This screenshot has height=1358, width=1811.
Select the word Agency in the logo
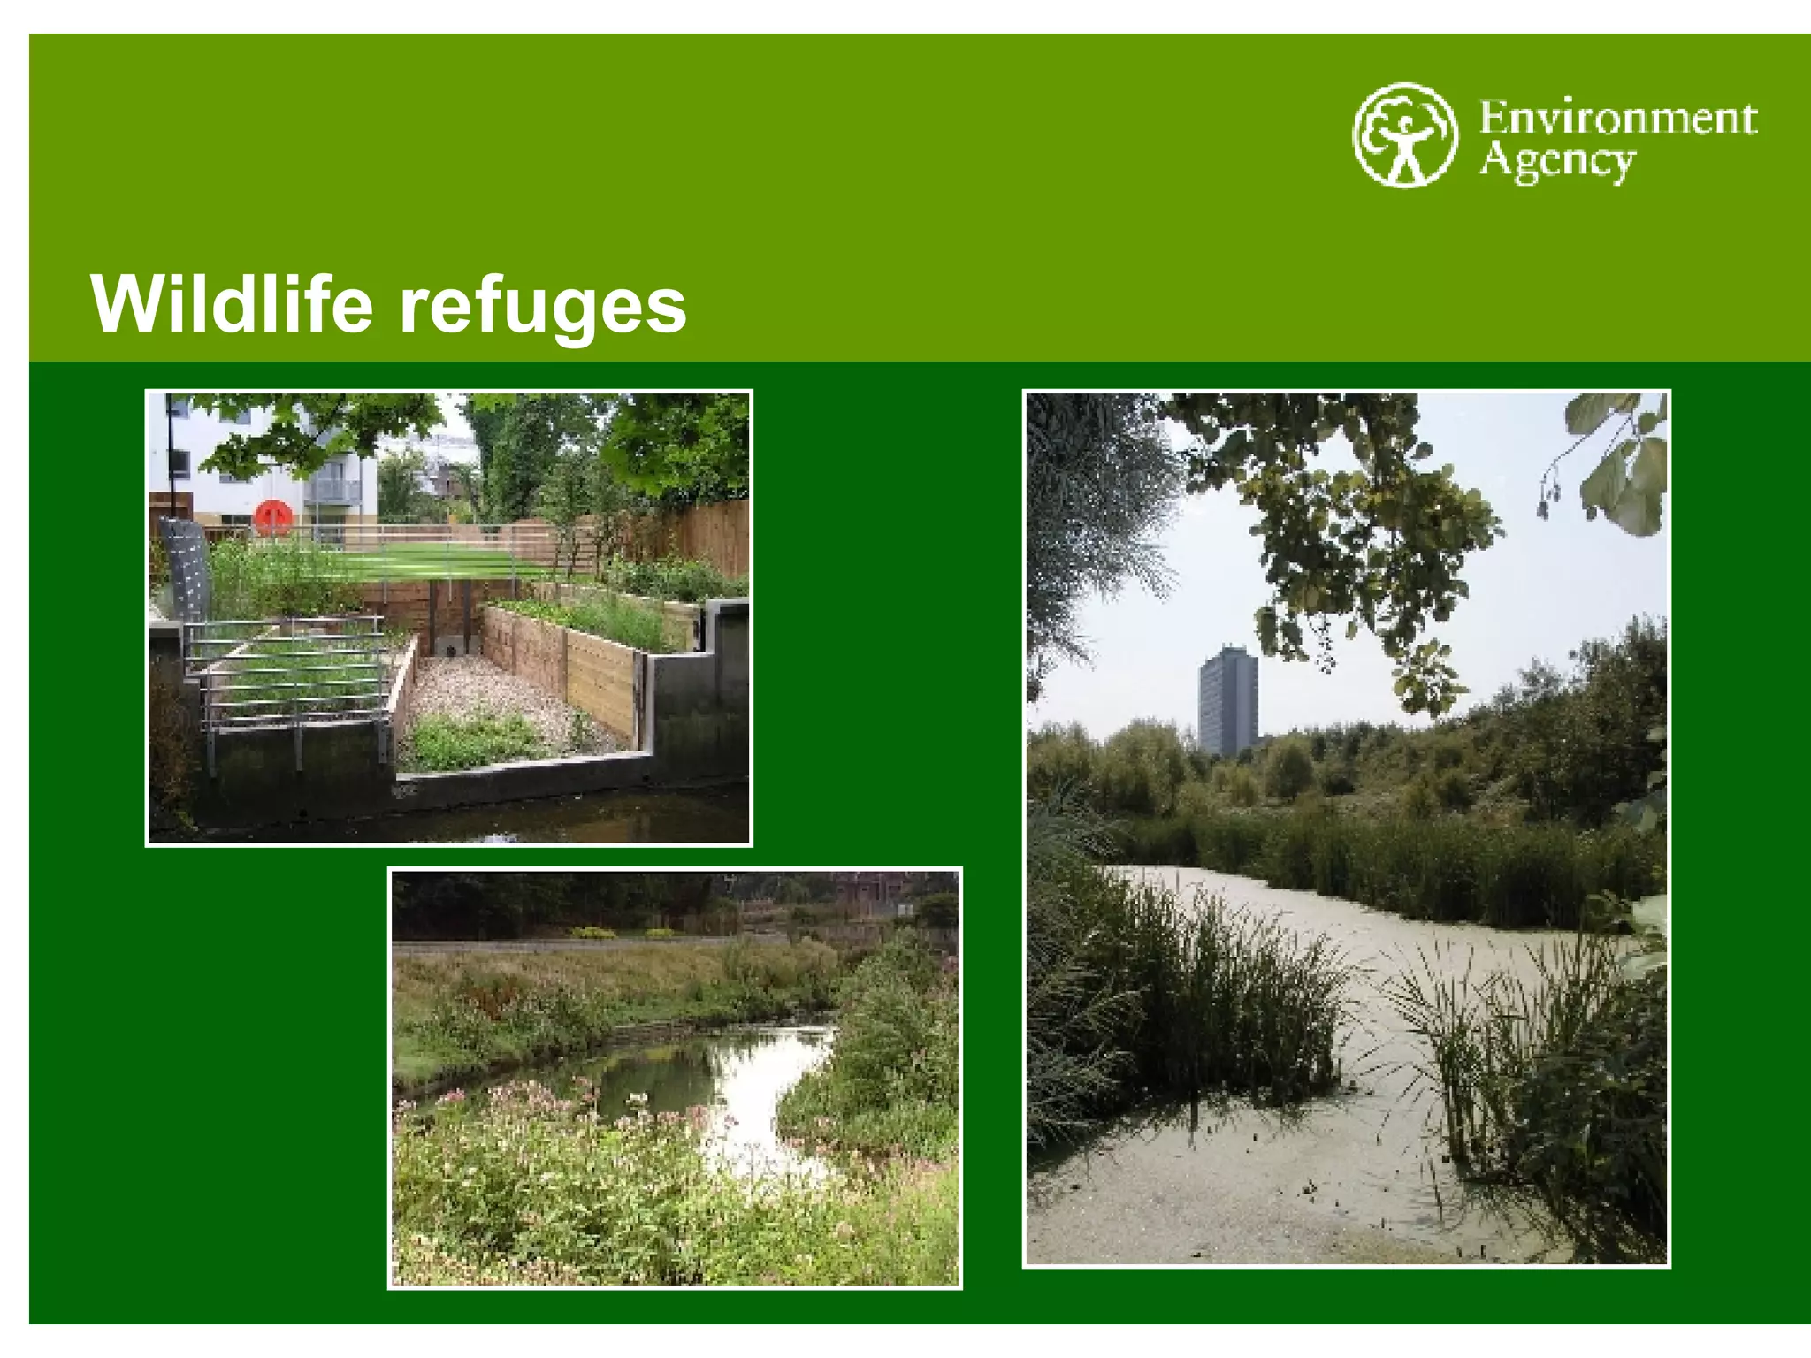(x=1556, y=163)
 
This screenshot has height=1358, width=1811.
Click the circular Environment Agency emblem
(x=1404, y=134)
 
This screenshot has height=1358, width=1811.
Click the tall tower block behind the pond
(x=1228, y=698)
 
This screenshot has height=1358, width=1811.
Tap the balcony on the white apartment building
(x=334, y=491)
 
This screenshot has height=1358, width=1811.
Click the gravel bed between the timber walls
(x=495, y=698)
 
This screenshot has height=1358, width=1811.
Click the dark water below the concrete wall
(x=531, y=818)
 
